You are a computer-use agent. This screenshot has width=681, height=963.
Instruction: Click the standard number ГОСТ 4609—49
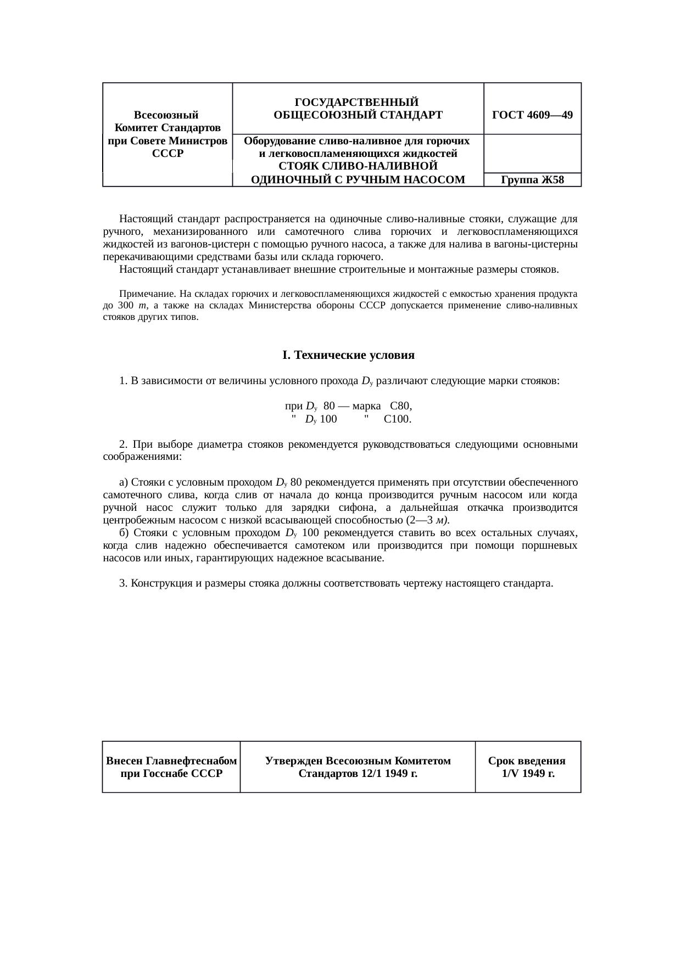point(532,115)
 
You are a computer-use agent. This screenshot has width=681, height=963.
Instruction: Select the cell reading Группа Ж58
point(532,180)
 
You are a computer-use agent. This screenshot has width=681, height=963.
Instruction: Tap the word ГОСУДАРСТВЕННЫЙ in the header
point(357,102)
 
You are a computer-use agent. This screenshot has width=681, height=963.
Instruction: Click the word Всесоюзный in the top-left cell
point(166,115)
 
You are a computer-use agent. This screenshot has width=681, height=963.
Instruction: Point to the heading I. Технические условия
point(348,355)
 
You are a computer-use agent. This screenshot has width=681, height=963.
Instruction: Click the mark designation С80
point(400,406)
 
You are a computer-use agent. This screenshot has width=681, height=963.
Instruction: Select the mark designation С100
point(398,419)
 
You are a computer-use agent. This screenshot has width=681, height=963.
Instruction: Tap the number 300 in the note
point(126,306)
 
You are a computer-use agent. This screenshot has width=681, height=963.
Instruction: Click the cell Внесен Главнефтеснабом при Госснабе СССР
point(171,767)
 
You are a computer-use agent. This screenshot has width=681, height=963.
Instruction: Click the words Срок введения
point(527,761)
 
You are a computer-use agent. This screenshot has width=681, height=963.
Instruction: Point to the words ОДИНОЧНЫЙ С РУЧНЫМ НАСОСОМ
point(358,179)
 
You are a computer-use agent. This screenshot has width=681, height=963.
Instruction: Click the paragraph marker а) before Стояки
point(124,482)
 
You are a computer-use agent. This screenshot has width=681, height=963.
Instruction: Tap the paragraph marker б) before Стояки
point(124,533)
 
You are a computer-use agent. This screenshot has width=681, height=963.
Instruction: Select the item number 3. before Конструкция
point(123,583)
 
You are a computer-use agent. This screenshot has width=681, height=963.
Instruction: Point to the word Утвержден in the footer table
point(294,761)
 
